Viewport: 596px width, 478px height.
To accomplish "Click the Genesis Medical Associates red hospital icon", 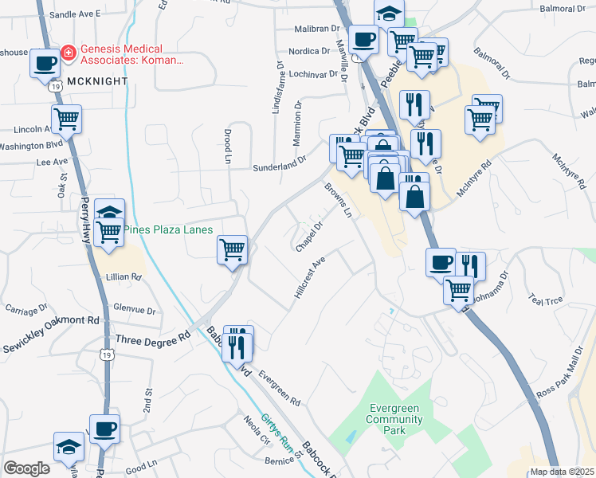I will tap(69, 53).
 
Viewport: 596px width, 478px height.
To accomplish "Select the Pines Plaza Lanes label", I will tap(168, 229).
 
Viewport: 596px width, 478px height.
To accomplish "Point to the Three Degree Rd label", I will tap(154, 339).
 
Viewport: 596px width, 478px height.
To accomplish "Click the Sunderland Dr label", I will tap(279, 163).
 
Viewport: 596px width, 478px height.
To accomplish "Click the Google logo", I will tap(26, 468).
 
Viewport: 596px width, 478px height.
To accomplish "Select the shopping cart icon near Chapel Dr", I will tap(233, 250).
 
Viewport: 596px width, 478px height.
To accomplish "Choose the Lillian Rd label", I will tap(124, 277).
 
